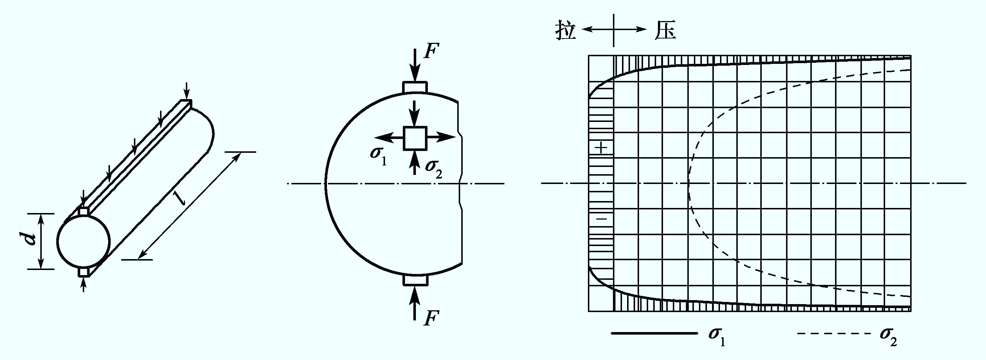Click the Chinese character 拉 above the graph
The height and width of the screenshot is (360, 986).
coord(566,29)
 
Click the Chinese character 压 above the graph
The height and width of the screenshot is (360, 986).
coord(665,29)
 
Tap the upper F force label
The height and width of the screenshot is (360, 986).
coord(431,51)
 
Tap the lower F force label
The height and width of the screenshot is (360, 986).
coord(431,318)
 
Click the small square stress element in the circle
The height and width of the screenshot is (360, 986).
coord(415,138)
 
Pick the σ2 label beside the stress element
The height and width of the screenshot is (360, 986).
coord(434,168)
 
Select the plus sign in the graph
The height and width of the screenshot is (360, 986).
coord(602,147)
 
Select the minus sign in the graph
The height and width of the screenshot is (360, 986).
coord(602,219)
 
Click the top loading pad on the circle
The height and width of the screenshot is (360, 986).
coord(415,87)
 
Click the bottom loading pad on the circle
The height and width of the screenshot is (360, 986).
coord(416,280)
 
